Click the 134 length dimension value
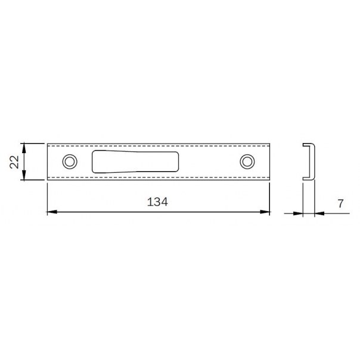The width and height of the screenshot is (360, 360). click(157, 202)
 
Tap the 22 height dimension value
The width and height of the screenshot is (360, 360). click(14, 162)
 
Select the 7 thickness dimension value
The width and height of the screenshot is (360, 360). click(341, 203)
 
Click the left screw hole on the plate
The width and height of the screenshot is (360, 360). click(70, 162)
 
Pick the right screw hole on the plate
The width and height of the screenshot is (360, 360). click(247, 162)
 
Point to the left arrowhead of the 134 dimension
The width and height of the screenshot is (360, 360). click(52, 212)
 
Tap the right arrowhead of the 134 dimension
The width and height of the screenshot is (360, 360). click(265, 212)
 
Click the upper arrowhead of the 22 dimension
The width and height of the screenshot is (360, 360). click(24, 148)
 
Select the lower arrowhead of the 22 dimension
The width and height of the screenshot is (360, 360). click(24, 175)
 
